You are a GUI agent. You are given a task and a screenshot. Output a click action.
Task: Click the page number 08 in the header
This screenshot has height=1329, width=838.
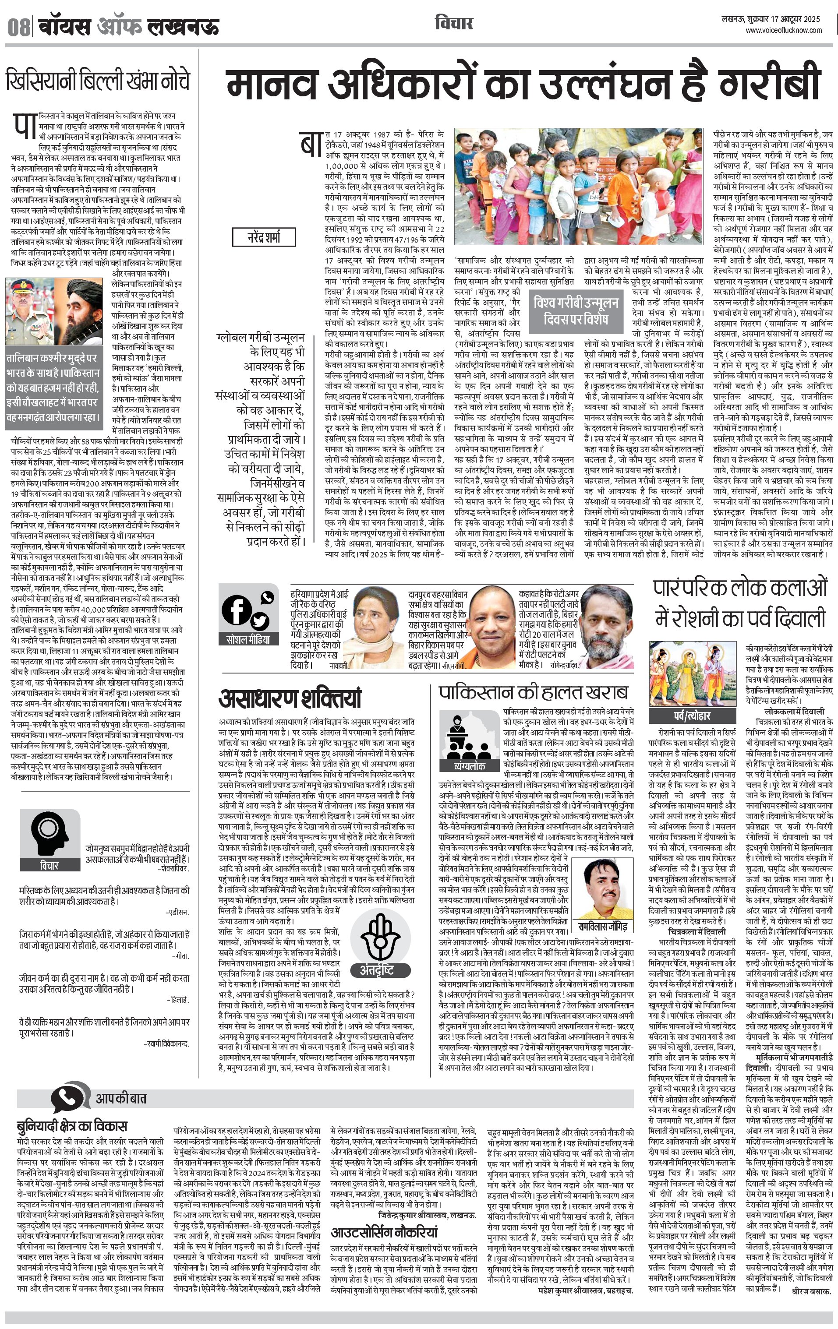point(18,26)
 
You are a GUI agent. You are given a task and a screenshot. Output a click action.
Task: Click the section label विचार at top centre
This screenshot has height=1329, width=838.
point(453,24)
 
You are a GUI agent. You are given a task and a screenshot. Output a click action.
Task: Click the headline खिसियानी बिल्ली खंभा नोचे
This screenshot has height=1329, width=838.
point(98,81)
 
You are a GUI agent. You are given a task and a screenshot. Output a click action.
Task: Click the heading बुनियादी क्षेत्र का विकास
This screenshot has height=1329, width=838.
point(72,1125)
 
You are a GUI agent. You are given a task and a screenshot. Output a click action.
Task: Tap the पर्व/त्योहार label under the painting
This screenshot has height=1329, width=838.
point(692,715)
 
